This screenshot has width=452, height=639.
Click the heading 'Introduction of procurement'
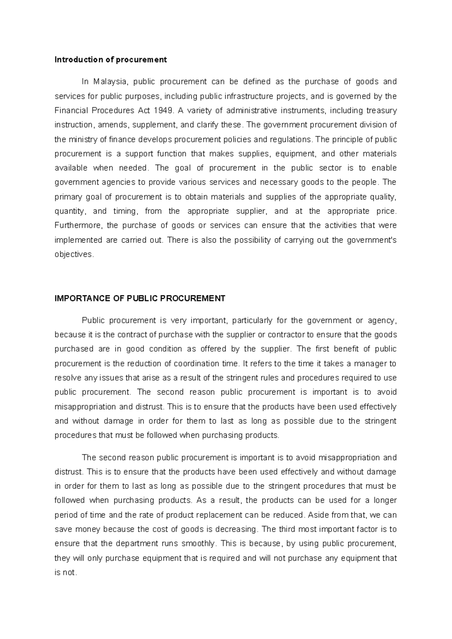(110, 60)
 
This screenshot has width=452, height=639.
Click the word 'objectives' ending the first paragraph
(73, 254)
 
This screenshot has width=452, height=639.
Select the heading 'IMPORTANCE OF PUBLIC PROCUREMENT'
(140, 298)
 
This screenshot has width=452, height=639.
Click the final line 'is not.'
(66, 573)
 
